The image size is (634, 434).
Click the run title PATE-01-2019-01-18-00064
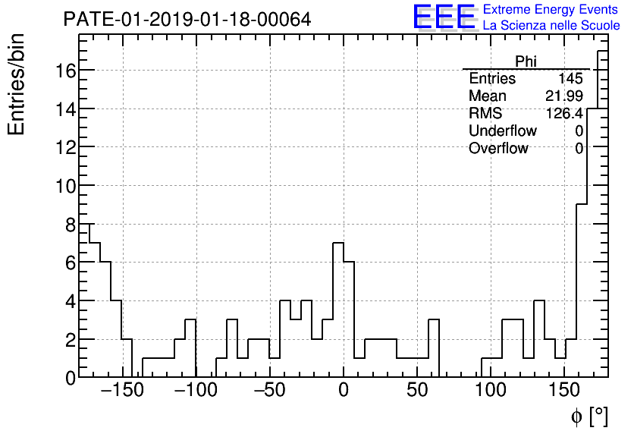click(187, 19)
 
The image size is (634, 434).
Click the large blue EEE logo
click(444, 17)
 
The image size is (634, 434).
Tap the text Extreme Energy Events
click(551, 9)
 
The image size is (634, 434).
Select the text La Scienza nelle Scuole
click(551, 26)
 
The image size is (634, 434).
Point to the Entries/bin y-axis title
click(17, 83)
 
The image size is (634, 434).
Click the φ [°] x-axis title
click(589, 417)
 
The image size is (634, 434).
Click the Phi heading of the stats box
click(526, 61)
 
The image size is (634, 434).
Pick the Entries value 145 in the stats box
click(570, 79)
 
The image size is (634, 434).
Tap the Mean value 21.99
click(564, 96)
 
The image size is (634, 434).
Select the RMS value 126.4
click(564, 114)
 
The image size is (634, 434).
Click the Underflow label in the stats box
click(502, 131)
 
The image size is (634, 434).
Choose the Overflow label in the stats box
click(497, 149)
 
